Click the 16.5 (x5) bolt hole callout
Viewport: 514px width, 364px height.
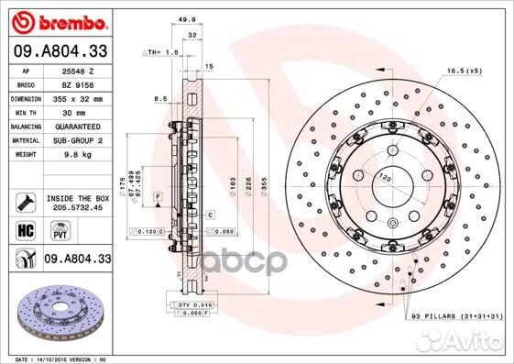[464, 70]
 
